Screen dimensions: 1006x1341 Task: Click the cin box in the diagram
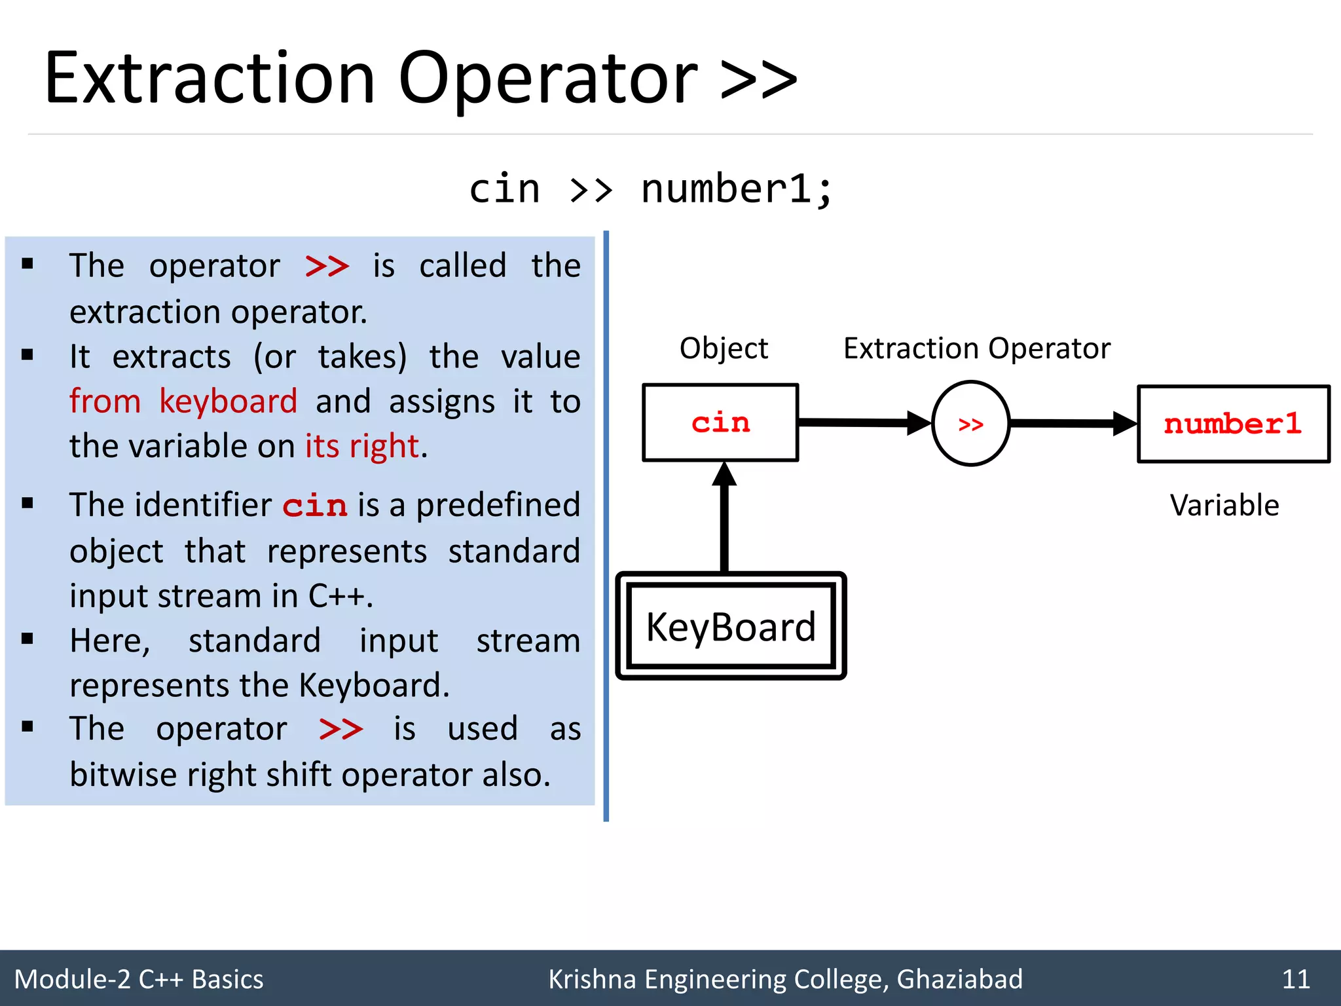[x=720, y=423]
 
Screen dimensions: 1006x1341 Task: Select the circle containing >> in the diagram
[x=970, y=424]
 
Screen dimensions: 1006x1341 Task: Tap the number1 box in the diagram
[x=1233, y=424]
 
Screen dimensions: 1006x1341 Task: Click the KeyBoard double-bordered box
[x=731, y=626]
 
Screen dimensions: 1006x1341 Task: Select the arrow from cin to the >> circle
[x=864, y=422]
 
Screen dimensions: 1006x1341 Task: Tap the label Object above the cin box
[x=724, y=348]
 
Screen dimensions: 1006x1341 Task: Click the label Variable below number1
[x=1224, y=506]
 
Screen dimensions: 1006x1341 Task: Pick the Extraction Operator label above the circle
[x=976, y=348]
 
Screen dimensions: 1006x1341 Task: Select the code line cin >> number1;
[x=651, y=190]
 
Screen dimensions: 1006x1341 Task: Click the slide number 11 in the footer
[x=1295, y=979]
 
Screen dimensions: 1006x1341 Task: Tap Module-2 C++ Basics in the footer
[x=139, y=979]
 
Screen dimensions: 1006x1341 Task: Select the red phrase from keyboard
[x=183, y=401]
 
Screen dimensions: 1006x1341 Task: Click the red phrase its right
[x=361, y=446]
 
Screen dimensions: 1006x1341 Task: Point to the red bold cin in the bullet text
[x=314, y=506]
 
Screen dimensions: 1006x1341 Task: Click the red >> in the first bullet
[x=327, y=267]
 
